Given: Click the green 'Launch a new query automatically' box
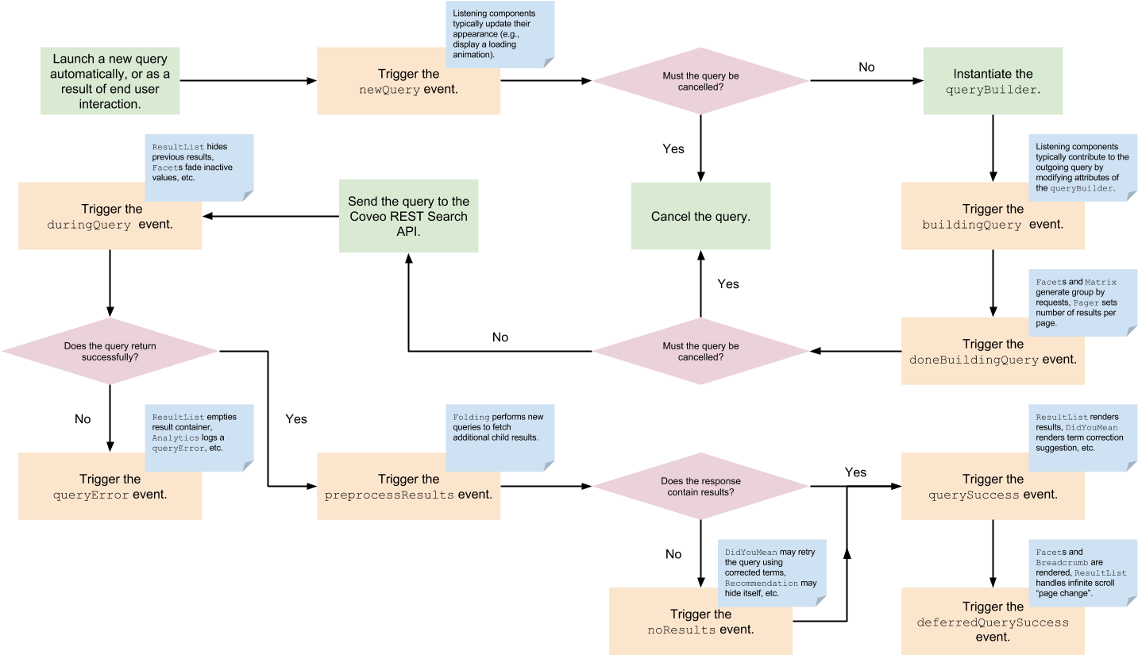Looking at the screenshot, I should [x=110, y=81].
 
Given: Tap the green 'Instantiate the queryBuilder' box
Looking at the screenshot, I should [x=993, y=81].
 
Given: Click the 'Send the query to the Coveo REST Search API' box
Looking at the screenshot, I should [x=408, y=217].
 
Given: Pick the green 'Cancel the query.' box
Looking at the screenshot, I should [x=700, y=217].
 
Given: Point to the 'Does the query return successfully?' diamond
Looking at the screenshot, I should [x=110, y=351].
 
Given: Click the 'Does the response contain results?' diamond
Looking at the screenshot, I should [x=700, y=486].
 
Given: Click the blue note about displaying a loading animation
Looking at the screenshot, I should [x=500, y=34].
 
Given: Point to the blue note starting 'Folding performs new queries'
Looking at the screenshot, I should [x=500, y=437].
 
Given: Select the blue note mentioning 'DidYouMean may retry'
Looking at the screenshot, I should [x=771, y=572].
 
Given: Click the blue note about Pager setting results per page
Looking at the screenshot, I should [x=1086, y=302].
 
